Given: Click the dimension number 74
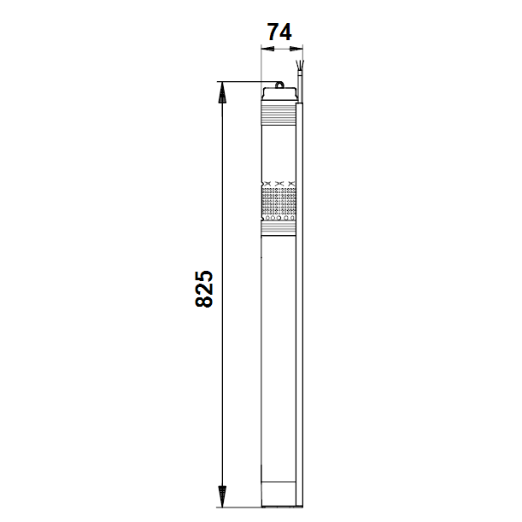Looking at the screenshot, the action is pos(279,32).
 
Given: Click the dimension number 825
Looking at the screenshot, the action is pos(203,289).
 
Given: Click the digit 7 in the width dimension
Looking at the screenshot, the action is pos(273,32).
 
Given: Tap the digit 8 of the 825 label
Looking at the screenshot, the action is pos(203,302).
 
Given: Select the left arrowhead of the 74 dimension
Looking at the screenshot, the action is pos(267,49).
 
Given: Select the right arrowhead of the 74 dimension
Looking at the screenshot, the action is pos(296,49).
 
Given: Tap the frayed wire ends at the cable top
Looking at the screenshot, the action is pos(300,65).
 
